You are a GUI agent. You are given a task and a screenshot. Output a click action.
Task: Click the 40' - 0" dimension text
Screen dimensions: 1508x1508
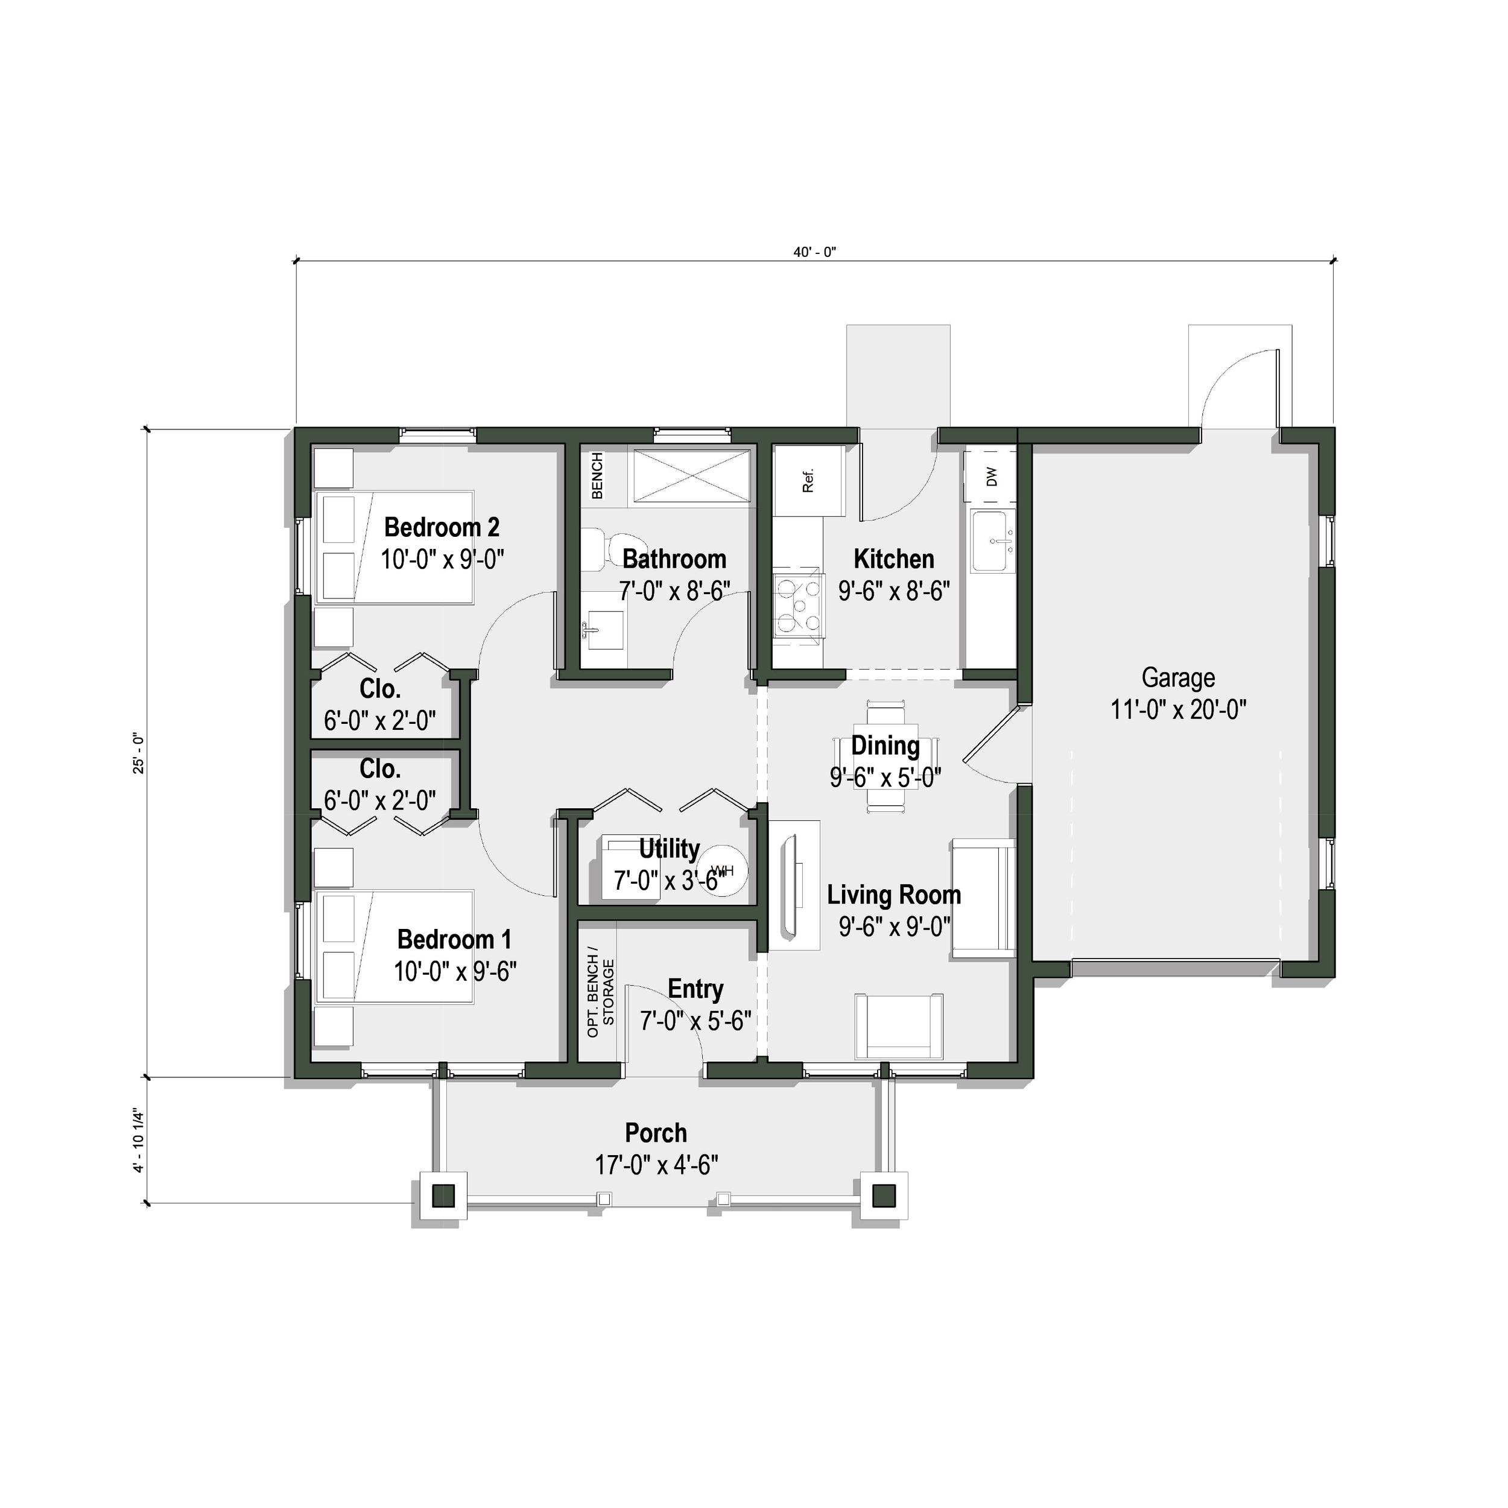[814, 252]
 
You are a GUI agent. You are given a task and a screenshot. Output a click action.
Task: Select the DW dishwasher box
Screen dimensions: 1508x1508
[991, 476]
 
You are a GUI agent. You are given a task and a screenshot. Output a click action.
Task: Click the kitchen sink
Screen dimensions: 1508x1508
[993, 540]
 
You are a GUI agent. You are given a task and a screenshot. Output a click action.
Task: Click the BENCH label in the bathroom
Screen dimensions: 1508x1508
[597, 475]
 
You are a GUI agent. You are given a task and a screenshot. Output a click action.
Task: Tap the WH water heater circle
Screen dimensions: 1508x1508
[723, 871]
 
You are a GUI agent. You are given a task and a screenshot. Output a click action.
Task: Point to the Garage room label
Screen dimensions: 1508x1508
[1178, 677]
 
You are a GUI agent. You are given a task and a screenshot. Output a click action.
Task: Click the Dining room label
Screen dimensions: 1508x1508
[884, 746]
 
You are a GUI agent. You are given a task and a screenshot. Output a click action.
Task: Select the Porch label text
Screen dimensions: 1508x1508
[656, 1133]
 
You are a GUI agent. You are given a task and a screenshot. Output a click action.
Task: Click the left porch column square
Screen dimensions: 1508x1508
[443, 1195]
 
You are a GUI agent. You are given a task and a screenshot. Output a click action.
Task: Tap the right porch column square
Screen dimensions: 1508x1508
[884, 1195]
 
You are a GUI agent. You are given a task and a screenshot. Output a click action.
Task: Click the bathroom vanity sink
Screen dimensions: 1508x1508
[603, 629]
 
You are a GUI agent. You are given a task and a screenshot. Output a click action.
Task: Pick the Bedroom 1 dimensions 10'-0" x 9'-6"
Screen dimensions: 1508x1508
[454, 972]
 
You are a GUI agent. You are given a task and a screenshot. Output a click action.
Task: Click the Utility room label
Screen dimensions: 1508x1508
[669, 849]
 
